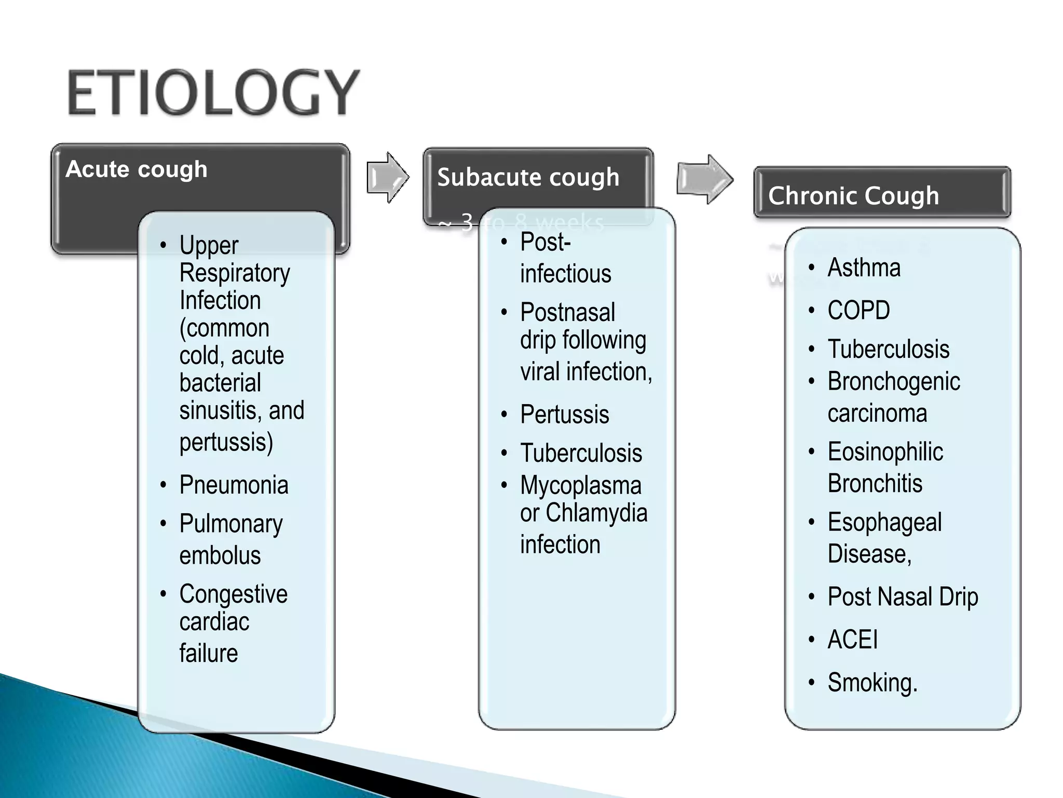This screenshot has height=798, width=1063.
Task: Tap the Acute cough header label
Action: pos(137,169)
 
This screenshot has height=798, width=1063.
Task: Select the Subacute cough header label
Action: pos(528,177)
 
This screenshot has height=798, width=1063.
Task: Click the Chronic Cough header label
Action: pos(853,196)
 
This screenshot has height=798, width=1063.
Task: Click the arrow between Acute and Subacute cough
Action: pos(388,177)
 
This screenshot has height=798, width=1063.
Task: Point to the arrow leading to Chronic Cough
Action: pos(704,179)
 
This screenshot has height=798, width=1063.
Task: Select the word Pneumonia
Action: pos(234,485)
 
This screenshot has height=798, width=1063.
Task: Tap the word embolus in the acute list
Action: pos(220,555)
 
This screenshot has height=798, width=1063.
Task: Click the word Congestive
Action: pos(234,594)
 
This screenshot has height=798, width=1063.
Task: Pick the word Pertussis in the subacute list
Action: pos(564,415)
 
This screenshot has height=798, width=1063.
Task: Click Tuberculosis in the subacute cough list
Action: pos(581,453)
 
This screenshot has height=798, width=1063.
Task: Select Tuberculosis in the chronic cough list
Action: pos(888,349)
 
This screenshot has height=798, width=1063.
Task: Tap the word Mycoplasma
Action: pos(581,486)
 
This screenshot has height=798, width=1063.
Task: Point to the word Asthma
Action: pos(864,268)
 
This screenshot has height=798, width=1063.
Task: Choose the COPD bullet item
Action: pos(858,311)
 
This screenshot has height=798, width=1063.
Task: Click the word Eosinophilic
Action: pos(885,451)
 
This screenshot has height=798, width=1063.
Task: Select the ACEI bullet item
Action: pos(852,640)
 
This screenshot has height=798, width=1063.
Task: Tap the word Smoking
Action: pos(871,683)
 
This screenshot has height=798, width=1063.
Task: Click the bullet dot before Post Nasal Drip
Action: pos(812,596)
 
